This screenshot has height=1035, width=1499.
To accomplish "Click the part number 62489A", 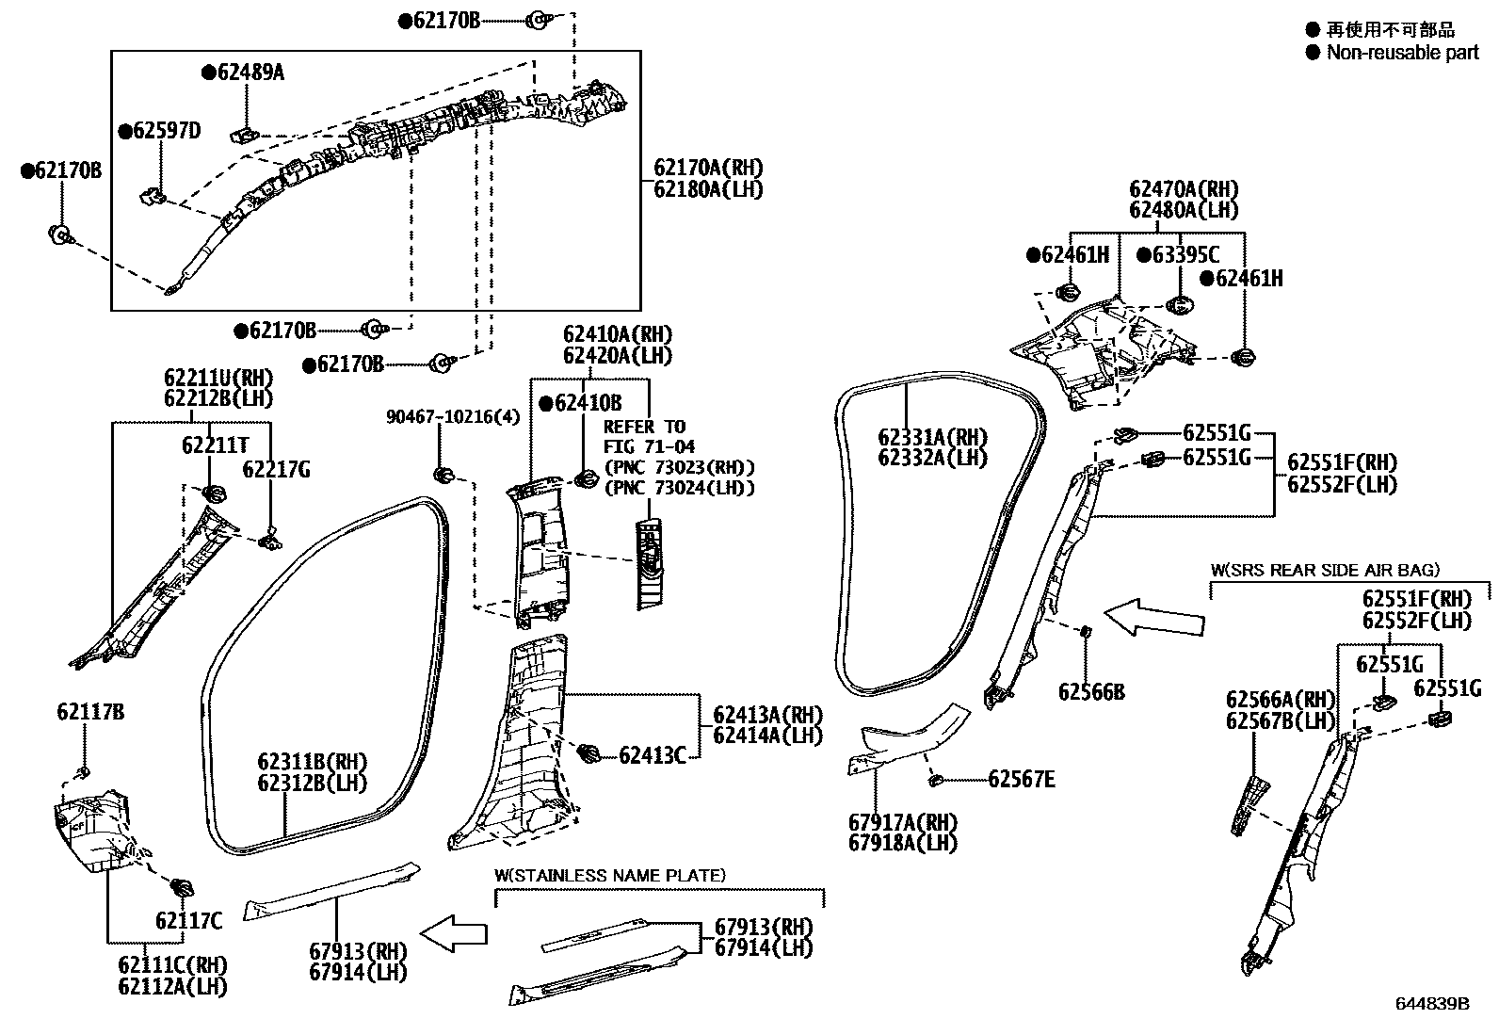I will [250, 73].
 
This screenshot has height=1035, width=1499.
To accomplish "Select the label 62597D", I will [166, 131].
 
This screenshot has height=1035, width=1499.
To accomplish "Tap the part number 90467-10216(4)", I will [453, 416].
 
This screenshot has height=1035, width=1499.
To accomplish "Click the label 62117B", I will [89, 712].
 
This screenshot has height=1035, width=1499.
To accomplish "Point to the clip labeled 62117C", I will [181, 887].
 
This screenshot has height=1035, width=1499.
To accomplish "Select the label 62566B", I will [1091, 692].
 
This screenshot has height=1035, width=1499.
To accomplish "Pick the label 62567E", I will [1022, 779].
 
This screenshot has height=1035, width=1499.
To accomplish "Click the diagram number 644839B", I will [1432, 1003].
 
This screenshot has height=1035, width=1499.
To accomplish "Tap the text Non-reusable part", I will [1402, 53].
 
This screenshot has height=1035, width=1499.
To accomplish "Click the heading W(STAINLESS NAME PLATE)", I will [610, 875].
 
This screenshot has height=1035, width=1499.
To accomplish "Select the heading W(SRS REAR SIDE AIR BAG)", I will [1325, 570].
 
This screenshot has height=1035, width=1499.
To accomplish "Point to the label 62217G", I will [276, 469].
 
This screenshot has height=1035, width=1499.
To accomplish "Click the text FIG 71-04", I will [650, 445].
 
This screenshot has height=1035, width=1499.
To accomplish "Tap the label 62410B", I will [588, 403].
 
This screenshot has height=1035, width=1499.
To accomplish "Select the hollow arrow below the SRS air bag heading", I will [1153, 619].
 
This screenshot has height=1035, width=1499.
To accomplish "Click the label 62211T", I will [216, 445].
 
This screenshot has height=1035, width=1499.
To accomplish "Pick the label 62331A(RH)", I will [932, 437].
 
